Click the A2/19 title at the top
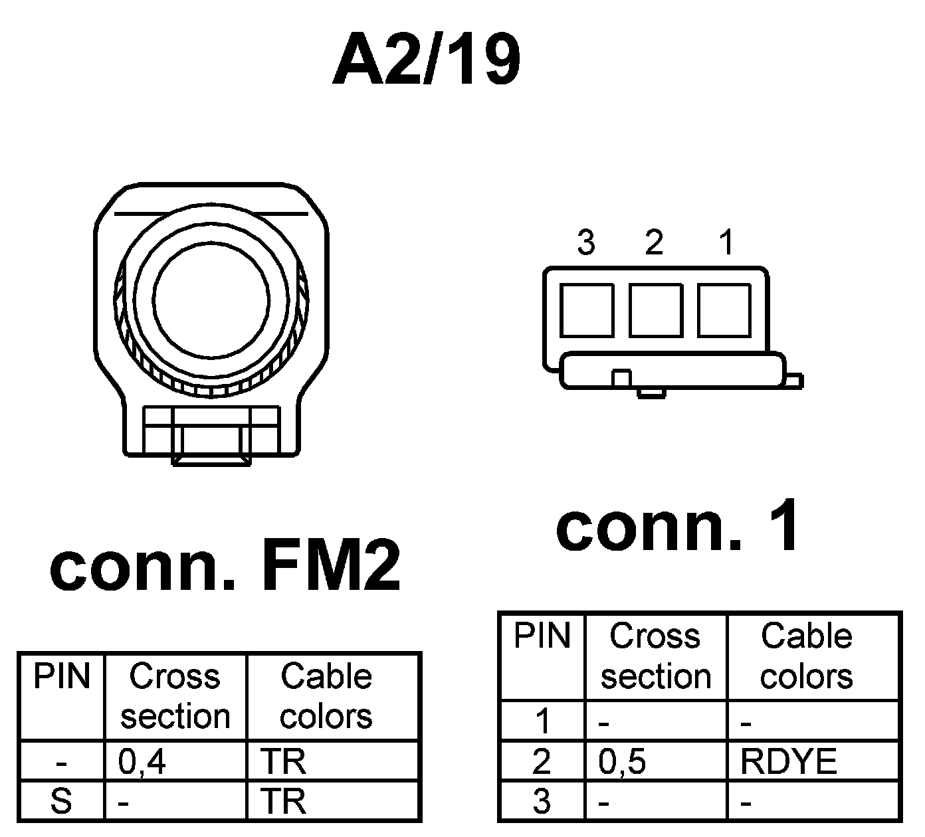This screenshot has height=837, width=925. [x=427, y=60]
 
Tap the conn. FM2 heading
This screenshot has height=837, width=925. [x=226, y=567]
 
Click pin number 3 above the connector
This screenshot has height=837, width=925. [x=585, y=243]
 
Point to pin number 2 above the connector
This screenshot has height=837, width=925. [x=654, y=243]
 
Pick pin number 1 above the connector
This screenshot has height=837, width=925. [x=726, y=243]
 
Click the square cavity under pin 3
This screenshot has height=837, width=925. [x=586, y=310]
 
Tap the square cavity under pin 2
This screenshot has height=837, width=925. [x=656, y=310]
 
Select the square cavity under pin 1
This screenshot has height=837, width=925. [x=724, y=310]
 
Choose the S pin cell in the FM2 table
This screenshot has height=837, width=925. [x=61, y=801]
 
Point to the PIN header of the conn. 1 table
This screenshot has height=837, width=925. [x=542, y=636]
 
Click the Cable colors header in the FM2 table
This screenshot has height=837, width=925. [x=326, y=696]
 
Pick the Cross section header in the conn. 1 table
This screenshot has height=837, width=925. [x=656, y=656]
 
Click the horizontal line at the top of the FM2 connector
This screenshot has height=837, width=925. [x=211, y=214]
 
